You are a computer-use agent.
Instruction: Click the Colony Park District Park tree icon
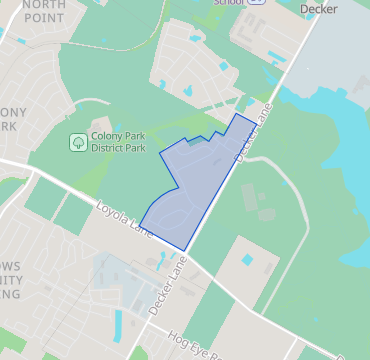(78, 143)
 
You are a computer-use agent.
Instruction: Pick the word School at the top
(229, 3)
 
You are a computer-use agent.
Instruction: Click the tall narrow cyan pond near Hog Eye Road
(119, 324)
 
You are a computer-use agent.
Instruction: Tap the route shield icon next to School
(258, 3)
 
